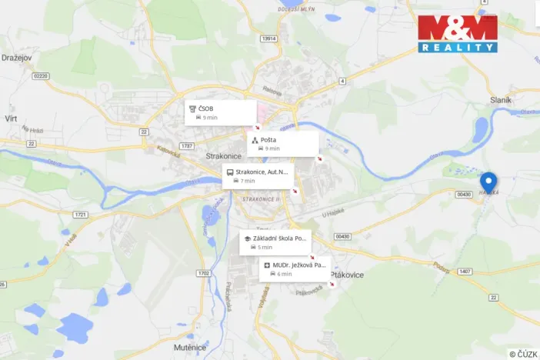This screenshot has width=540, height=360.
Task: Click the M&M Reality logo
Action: [458, 33]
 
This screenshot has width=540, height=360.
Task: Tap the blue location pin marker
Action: [488, 182]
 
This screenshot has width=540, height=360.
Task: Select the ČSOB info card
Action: [220, 113]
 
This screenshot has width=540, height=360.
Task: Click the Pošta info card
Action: [282, 144]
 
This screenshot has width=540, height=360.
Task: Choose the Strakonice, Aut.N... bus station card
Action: [258, 176]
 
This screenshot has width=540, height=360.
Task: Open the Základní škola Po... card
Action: [275, 242]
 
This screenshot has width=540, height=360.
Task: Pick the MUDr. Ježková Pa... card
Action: [297, 268]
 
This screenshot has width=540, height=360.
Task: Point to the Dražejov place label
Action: [15, 57]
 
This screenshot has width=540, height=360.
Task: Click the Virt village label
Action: [11, 118]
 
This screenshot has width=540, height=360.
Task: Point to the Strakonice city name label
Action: [225, 155]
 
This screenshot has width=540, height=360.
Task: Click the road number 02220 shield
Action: [41, 75]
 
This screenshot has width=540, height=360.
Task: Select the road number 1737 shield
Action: [185, 145]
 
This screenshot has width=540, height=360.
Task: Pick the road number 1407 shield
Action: [465, 272]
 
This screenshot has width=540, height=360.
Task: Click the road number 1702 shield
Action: [203, 273]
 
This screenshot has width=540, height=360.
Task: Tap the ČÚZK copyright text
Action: [522, 354]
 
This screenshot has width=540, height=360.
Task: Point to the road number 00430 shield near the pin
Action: [463, 195]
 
